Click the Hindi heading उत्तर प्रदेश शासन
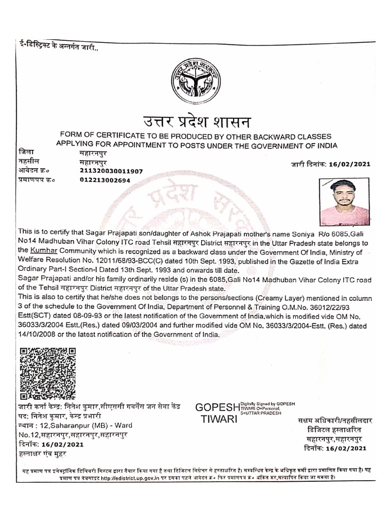[195, 122]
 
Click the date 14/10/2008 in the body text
[36, 335]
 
